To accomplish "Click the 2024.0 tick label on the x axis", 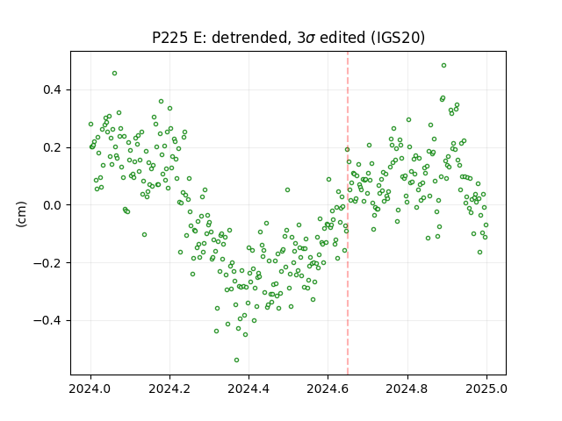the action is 90,389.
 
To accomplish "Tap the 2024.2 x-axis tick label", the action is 169,389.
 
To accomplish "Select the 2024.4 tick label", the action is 249,389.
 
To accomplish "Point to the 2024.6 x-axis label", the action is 328,389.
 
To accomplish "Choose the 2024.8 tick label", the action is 407,389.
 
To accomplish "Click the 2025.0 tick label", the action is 486,389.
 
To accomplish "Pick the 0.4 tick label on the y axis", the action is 52,89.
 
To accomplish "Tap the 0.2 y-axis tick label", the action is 52,147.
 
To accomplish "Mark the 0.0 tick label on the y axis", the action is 52,205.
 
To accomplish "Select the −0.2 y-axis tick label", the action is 47,263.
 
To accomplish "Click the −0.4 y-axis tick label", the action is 47,320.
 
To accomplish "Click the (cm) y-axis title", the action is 21,214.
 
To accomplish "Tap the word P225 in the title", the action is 169,38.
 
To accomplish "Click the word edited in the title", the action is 343,38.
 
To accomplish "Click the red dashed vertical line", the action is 348,213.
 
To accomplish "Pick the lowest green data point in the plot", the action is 236,360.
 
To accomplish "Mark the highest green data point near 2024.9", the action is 443,66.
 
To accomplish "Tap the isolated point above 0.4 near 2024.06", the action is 114,74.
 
